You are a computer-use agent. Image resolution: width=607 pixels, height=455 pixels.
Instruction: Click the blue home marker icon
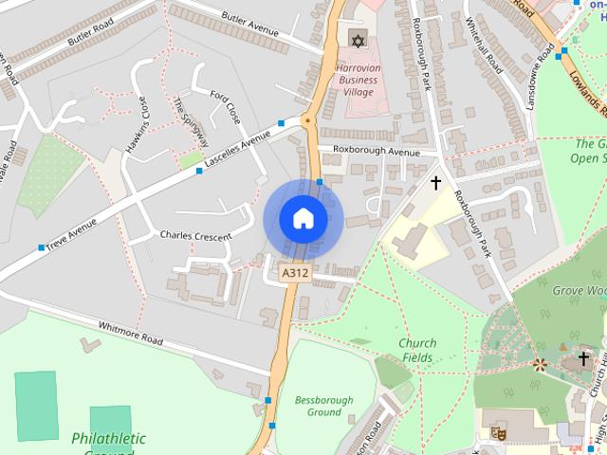point(303,218)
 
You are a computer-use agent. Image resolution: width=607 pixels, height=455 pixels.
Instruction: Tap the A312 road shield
point(295,273)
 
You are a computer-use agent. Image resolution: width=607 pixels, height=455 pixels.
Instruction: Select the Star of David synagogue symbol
point(357,40)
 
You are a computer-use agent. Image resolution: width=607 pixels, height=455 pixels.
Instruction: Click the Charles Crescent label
point(195,235)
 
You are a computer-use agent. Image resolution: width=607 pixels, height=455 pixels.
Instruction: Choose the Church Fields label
point(416,351)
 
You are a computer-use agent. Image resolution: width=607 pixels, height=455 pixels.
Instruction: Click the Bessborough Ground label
point(323,406)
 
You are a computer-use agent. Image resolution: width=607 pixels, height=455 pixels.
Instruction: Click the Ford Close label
point(225,109)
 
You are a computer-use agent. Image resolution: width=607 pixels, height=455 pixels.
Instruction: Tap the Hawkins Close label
point(138,125)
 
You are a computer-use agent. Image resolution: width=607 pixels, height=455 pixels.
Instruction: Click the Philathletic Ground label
point(108,440)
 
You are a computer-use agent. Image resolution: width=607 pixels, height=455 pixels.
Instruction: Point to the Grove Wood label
point(580,289)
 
